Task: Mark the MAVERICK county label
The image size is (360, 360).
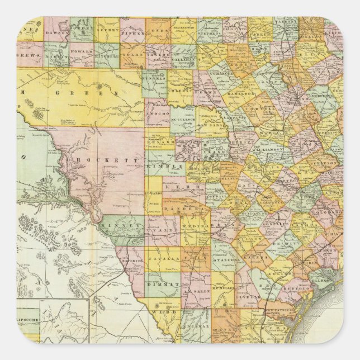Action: [138, 260]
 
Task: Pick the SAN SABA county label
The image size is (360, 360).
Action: [210, 125]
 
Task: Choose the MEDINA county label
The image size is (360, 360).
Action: [196, 226]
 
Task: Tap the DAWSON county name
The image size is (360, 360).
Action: [57, 33]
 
